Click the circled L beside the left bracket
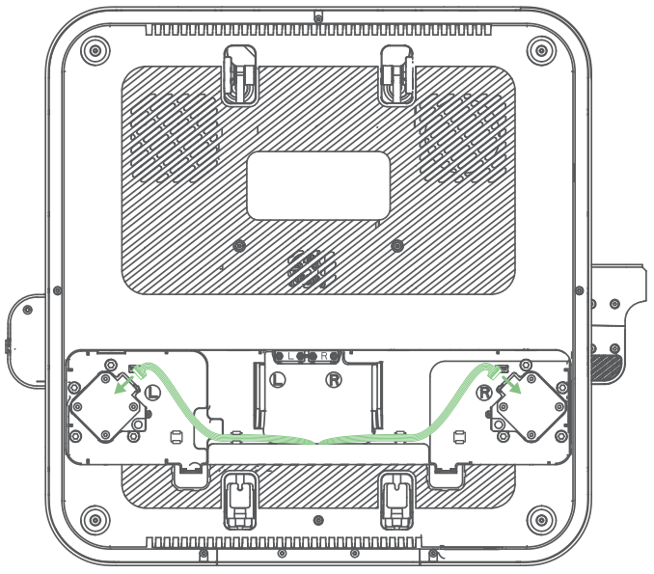(x=152, y=392)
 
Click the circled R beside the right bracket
(x=484, y=392)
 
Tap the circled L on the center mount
(x=277, y=380)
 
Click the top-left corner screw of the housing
(x=93, y=48)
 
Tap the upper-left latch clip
(x=240, y=73)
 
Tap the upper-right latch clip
(x=395, y=73)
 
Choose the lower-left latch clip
(x=238, y=500)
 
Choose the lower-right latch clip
(x=396, y=500)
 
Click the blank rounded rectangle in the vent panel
(x=318, y=185)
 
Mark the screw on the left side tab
(x=27, y=310)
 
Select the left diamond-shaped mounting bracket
(x=104, y=411)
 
